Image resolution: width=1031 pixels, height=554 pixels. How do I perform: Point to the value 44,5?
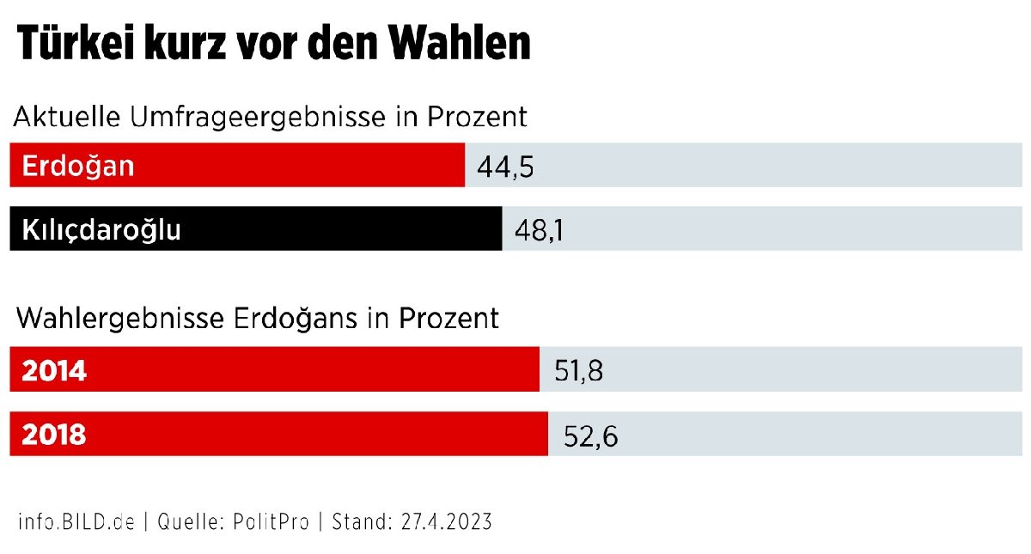(x=505, y=167)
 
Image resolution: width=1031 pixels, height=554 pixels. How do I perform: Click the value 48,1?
(x=539, y=230)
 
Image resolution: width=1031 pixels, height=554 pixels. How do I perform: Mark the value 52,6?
(x=591, y=436)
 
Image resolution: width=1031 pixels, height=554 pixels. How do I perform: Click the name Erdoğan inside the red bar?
(x=78, y=165)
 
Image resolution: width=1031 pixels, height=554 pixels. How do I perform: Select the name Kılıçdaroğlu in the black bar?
(x=101, y=229)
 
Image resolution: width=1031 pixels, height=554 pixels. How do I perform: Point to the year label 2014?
(x=54, y=371)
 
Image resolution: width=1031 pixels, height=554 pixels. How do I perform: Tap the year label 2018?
(x=54, y=435)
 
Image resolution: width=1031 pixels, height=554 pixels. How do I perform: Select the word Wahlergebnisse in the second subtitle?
(x=120, y=319)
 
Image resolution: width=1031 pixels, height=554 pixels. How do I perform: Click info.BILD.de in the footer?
(x=76, y=521)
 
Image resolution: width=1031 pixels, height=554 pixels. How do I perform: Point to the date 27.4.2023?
(x=444, y=521)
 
